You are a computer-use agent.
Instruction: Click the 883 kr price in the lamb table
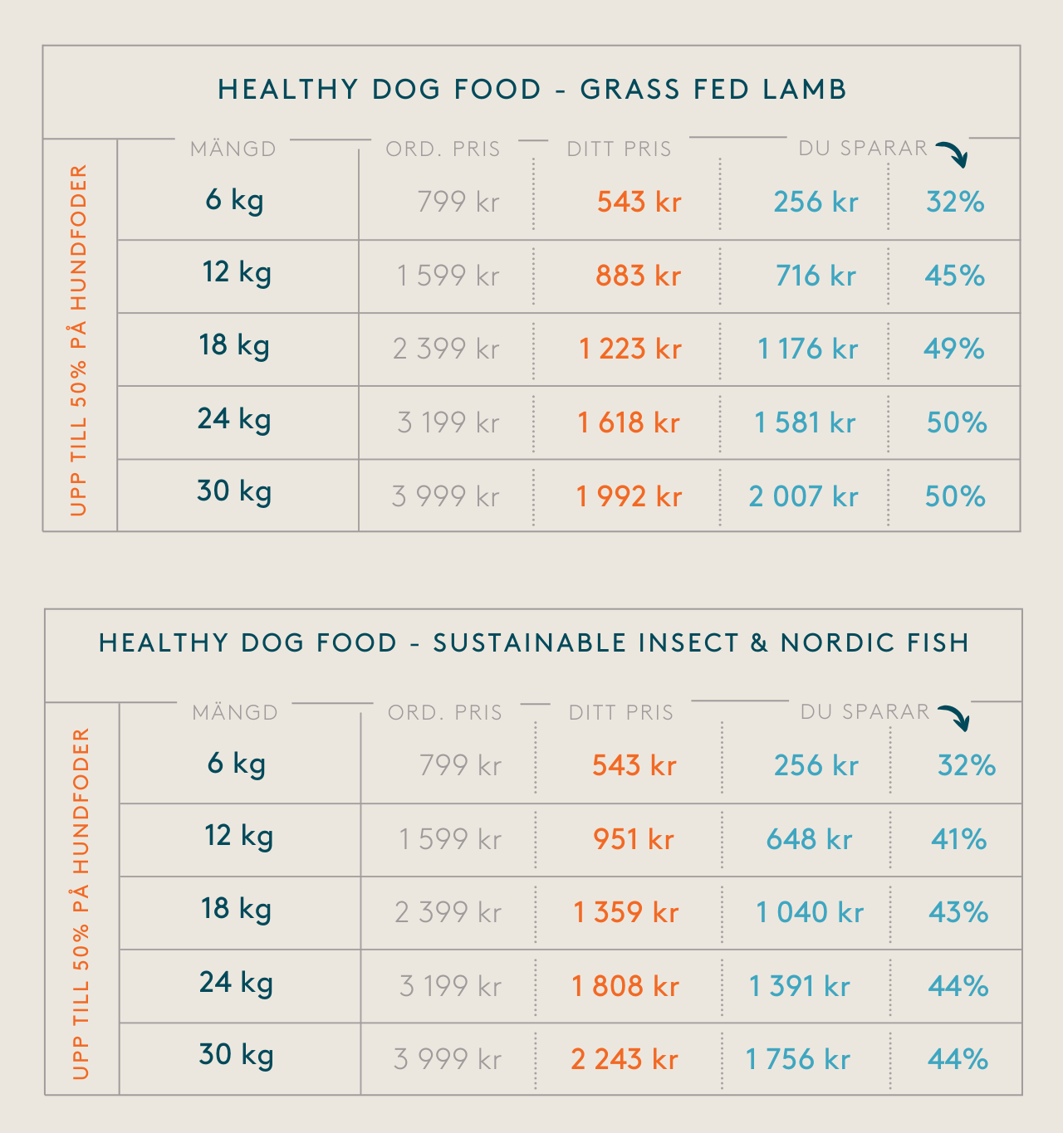point(638,276)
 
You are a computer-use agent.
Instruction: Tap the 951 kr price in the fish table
point(633,839)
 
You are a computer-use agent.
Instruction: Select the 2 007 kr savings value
point(803,496)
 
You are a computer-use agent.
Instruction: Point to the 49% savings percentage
point(954,349)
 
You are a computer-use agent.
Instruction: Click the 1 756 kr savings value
point(797,1059)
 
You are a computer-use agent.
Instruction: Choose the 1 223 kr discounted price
point(629,349)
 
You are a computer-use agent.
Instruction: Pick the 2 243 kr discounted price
point(625,1059)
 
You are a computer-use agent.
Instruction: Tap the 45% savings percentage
point(954,276)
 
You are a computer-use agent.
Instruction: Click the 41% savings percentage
point(958,839)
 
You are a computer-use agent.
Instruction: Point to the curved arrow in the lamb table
point(953,154)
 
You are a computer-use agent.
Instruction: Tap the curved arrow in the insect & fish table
point(954,717)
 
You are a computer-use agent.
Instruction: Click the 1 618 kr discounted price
point(629,422)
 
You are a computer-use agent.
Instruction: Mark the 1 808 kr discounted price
point(625,986)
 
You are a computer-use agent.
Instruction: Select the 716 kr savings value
point(816,276)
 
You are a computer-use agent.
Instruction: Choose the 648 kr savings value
point(809,839)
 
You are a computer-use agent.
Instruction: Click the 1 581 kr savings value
point(805,422)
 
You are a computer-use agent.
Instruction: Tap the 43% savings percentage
point(958,912)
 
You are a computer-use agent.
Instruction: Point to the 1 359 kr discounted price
point(626,912)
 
